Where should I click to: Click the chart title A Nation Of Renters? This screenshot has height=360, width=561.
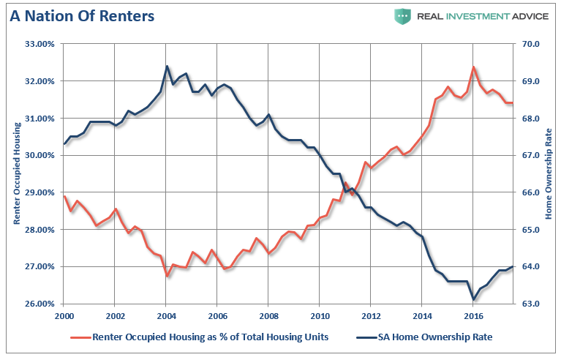[x=81, y=15]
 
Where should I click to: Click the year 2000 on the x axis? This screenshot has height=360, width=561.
[x=64, y=316]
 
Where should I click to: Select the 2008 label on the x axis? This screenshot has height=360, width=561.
[x=268, y=316]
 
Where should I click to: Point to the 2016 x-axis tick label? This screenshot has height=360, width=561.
[x=473, y=316]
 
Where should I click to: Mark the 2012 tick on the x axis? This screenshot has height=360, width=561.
[x=371, y=316]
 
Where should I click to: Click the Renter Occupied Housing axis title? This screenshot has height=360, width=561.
[x=16, y=173]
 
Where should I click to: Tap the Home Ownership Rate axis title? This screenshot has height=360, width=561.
[x=549, y=173]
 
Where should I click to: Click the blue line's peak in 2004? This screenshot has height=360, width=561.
[x=167, y=67]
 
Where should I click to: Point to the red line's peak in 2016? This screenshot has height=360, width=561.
[x=473, y=67]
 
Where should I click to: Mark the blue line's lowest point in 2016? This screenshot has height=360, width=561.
[x=474, y=299]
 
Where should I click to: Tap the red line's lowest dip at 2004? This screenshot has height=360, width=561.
[x=167, y=276]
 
